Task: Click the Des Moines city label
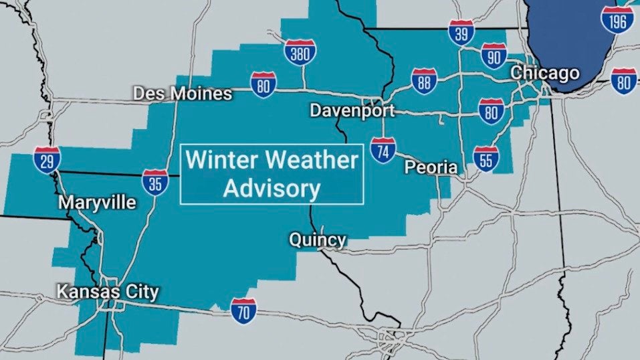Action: tap(183, 94)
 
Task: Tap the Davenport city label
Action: tap(352, 110)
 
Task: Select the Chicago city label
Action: tap(545, 72)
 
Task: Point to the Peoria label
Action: tap(431, 167)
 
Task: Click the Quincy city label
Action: tap(317, 240)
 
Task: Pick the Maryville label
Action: tap(97, 202)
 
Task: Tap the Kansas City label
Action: tap(108, 292)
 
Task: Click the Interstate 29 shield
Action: tap(47, 160)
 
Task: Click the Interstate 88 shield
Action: tap(424, 81)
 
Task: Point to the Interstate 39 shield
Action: tap(461, 31)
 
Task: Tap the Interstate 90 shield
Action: tap(493, 57)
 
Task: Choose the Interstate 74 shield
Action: tap(383, 151)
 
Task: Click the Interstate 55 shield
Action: tap(486, 159)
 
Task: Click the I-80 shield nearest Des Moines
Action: tap(263, 84)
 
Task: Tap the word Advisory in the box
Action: tap(272, 189)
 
